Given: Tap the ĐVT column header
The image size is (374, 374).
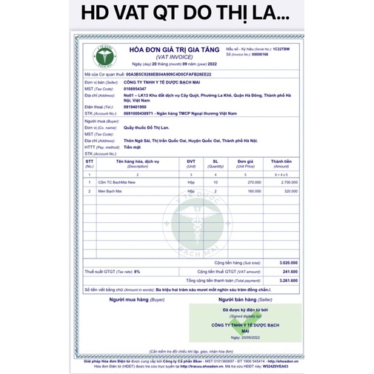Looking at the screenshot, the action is tap(190, 161).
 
